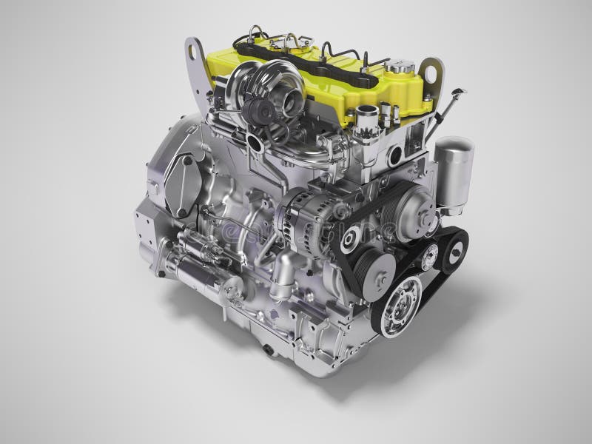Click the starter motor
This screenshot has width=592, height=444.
[192, 252]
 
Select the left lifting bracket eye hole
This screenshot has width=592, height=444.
[196, 53]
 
